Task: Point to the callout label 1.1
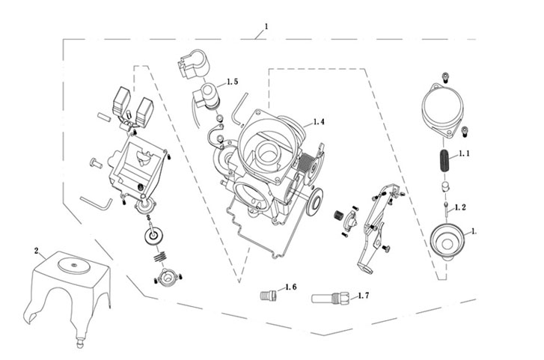(x=463, y=154)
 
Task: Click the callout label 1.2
(x=461, y=207)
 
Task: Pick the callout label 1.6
(x=290, y=287)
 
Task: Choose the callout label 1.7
(x=364, y=296)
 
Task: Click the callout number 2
(x=36, y=250)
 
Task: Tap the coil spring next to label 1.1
(x=442, y=162)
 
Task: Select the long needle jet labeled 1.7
(x=330, y=299)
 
